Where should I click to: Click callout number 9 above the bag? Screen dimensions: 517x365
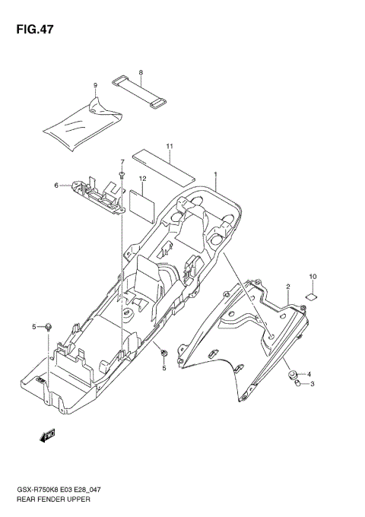[x=95, y=85]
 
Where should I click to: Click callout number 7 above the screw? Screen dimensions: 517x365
[x=121, y=162]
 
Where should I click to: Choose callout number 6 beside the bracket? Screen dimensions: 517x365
[x=56, y=185]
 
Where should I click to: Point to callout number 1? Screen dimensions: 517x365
[x=215, y=174]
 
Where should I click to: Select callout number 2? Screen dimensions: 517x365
[x=288, y=287]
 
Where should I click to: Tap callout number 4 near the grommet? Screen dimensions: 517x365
[x=309, y=374]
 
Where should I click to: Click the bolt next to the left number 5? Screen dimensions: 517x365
[x=49, y=327]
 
